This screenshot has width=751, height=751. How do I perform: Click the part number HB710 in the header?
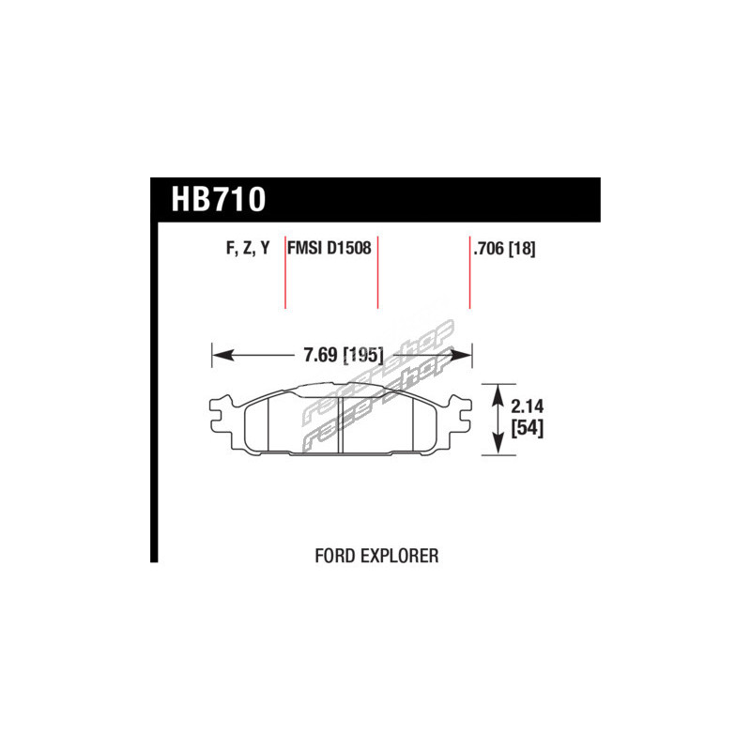pyautogui.click(x=219, y=199)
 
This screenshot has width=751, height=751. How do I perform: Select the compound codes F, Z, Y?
pyautogui.click(x=248, y=248)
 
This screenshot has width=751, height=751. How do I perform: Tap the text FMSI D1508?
pyautogui.click(x=330, y=248)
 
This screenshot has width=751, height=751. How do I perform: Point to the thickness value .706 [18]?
pyautogui.click(x=504, y=249)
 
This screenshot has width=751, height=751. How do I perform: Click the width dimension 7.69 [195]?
pyautogui.click(x=344, y=355)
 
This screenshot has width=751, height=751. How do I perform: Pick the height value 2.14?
pyautogui.click(x=527, y=406)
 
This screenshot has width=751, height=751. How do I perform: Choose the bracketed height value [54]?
pyautogui.click(x=527, y=428)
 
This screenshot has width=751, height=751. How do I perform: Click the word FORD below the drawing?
pyautogui.click(x=334, y=556)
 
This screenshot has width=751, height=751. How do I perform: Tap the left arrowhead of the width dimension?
pyautogui.click(x=222, y=356)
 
